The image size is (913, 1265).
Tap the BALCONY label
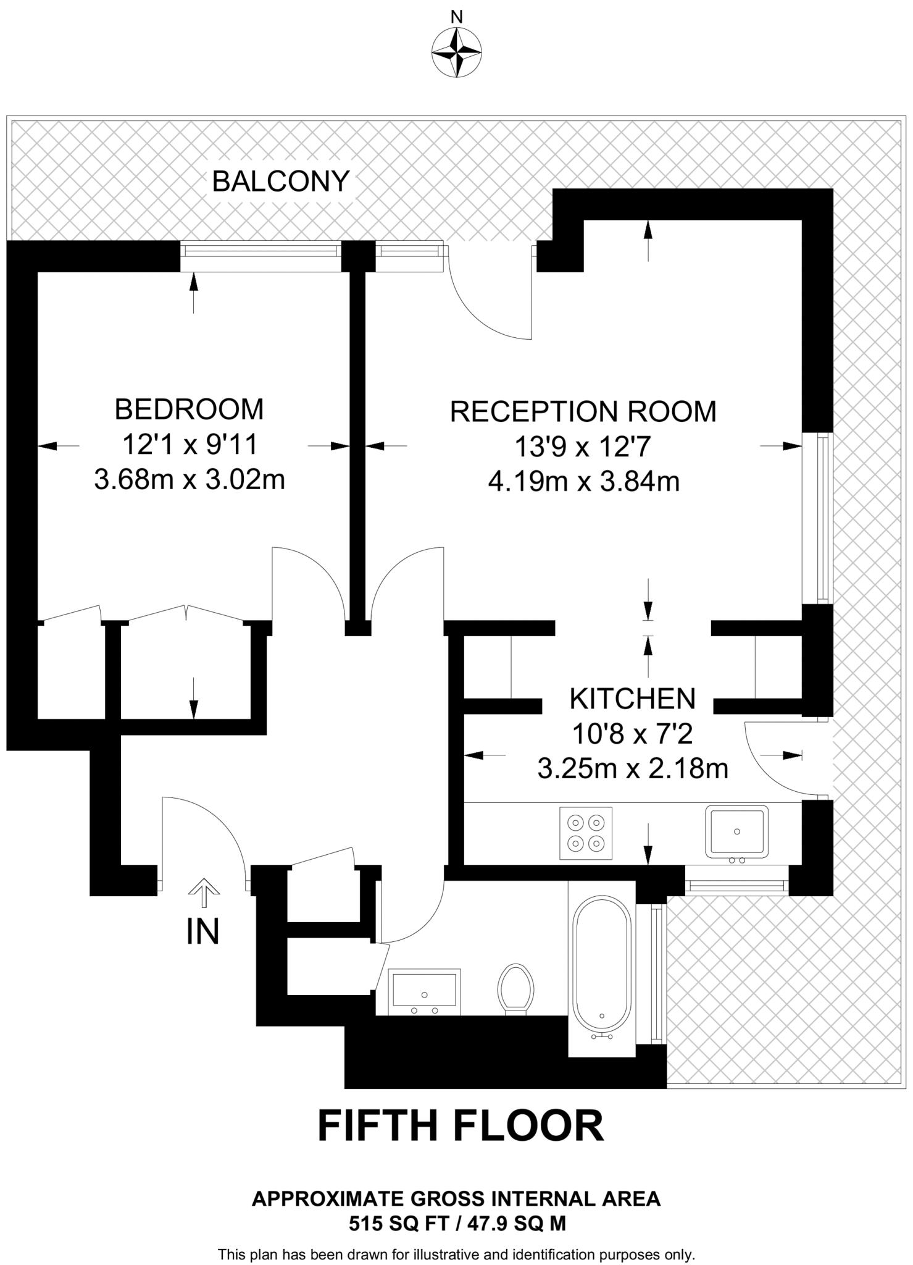tap(281, 182)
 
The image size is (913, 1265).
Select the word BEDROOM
tap(190, 410)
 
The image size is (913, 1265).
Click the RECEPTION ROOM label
tap(583, 412)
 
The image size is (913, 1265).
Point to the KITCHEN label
tap(633, 699)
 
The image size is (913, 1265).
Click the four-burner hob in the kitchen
tap(586, 833)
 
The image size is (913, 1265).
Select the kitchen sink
tap(738, 831)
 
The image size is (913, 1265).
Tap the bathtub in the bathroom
tap(602, 976)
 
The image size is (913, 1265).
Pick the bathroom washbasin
tap(425, 991)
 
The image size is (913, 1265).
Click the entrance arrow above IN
tap(204, 889)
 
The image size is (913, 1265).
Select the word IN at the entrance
tap(203, 932)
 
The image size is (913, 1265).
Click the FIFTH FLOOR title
tap(461, 1125)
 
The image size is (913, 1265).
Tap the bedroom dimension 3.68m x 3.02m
tap(190, 479)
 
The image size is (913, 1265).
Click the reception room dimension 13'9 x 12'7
tap(583, 447)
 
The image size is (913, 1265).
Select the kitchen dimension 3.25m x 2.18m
tap(633, 769)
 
